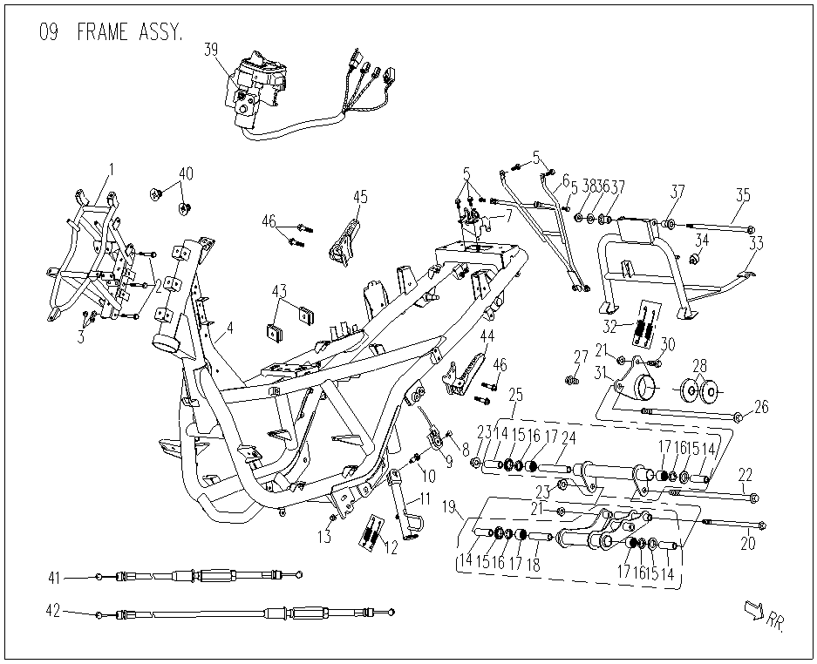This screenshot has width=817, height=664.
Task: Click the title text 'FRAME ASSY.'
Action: (x=130, y=33)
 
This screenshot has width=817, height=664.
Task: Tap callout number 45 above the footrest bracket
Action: (x=360, y=197)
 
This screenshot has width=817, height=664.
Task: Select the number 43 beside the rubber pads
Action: (x=279, y=289)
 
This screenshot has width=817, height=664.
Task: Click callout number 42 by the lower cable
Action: (x=52, y=612)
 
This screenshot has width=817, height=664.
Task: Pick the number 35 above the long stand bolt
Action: (x=742, y=193)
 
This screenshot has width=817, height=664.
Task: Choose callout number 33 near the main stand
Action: (x=755, y=244)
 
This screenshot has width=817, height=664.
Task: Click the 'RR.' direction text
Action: (x=773, y=620)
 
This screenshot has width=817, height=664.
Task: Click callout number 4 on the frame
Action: (x=230, y=329)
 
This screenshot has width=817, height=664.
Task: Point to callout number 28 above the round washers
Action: (x=700, y=363)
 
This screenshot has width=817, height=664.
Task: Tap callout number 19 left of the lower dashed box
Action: (x=449, y=506)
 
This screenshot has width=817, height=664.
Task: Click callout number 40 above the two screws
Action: (x=185, y=173)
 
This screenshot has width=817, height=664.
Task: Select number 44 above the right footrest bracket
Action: (x=487, y=336)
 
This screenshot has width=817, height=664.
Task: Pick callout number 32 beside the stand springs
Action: (x=613, y=326)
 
